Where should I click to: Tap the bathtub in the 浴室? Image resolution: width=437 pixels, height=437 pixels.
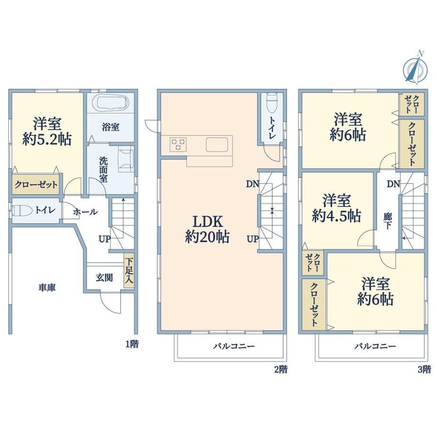pyautogui.click(x=113, y=103)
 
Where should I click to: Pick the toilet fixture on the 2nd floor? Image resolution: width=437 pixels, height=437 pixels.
pyautogui.click(x=272, y=103)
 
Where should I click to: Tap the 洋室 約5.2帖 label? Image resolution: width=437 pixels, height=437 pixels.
pyautogui.click(x=47, y=131)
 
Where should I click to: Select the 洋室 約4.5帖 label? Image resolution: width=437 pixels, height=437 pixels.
pyautogui.click(x=337, y=208)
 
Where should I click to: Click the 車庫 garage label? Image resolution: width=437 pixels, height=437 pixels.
pyautogui.click(x=47, y=287)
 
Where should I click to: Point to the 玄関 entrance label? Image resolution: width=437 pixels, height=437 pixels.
pyautogui.click(x=104, y=277)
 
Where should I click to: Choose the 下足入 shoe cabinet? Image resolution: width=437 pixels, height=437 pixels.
pyautogui.click(x=129, y=270)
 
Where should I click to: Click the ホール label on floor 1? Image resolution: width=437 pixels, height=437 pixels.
pyautogui.click(x=85, y=212)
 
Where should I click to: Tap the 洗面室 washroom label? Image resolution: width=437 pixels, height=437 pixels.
pyautogui.click(x=103, y=170)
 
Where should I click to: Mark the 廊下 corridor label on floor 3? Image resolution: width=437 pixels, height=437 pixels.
pyautogui.click(x=388, y=221)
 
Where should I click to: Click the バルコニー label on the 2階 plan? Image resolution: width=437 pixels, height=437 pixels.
pyautogui.click(x=234, y=346)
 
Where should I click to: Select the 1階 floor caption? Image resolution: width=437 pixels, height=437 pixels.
pyautogui.click(x=132, y=344)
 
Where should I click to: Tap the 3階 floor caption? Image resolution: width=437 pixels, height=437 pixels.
pyautogui.click(x=424, y=370)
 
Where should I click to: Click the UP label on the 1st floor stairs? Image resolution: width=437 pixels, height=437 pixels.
pyautogui.click(x=104, y=239)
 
